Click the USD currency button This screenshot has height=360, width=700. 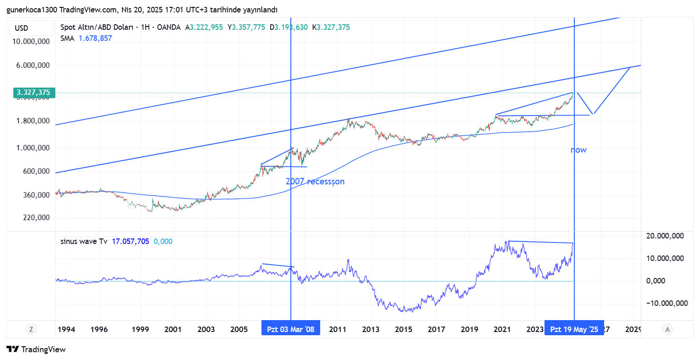pos(22,28)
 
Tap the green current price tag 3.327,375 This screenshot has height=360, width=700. pos(33,93)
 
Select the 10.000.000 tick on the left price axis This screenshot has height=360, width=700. pos(31,41)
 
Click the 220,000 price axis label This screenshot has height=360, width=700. pos(36,217)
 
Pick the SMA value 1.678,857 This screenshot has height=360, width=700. pos(95,38)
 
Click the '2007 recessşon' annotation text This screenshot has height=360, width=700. pos(315,181)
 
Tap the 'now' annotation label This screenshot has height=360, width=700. pos(578,150)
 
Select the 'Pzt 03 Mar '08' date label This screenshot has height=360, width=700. pos(291,329)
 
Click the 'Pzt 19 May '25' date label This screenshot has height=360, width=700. pos(574,329)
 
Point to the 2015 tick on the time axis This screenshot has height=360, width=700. pos(404,329)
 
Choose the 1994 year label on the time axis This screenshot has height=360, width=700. pos(67,329)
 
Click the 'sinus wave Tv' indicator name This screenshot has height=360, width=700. pos(84,241)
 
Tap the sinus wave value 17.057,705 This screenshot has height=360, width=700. pos(130,241)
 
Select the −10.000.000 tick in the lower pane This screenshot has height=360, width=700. pos(667,303)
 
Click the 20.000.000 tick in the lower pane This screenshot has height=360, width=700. pos(665,236)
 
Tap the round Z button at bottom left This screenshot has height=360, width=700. pos(31,329)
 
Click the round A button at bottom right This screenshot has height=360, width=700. pos(667,329)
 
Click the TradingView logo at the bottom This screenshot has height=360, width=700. pos(37,349)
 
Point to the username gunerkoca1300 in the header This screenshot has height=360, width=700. pos(32,10)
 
